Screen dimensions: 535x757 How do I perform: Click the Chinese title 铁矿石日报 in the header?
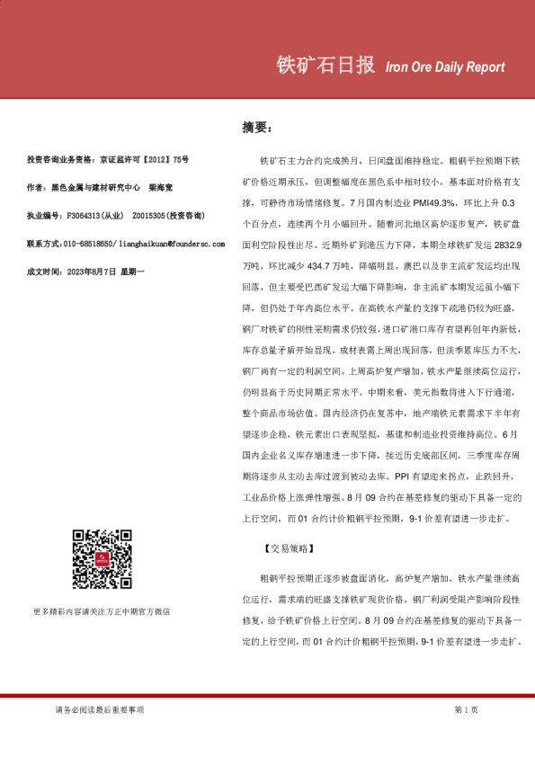[325, 66]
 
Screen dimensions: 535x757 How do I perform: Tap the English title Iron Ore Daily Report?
[444, 67]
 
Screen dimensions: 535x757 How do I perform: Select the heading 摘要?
[257, 127]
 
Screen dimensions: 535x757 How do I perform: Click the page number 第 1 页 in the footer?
[467, 710]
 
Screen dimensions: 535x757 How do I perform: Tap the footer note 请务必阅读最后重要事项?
[100, 710]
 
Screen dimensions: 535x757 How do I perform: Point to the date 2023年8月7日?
[91, 272]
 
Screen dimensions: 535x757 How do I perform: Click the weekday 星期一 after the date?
[132, 272]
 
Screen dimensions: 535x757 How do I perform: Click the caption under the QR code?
[101, 611]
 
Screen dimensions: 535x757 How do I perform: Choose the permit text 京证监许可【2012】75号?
[144, 160]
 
